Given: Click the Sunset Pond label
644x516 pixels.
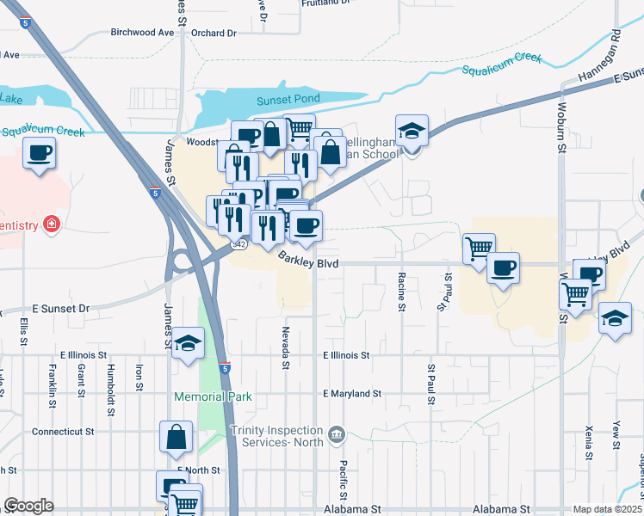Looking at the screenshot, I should (288, 101).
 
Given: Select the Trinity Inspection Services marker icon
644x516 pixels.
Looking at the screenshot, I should (336, 432).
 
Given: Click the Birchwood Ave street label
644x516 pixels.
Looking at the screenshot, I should (142, 33).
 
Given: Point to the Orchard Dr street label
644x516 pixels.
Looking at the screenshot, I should (214, 34).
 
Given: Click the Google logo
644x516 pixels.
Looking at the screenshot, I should (28, 506).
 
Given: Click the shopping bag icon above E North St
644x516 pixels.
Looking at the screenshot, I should (176, 436).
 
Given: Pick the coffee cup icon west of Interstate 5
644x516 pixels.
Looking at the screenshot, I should (40, 153).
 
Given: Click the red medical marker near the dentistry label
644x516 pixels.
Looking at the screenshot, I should (52, 225).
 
